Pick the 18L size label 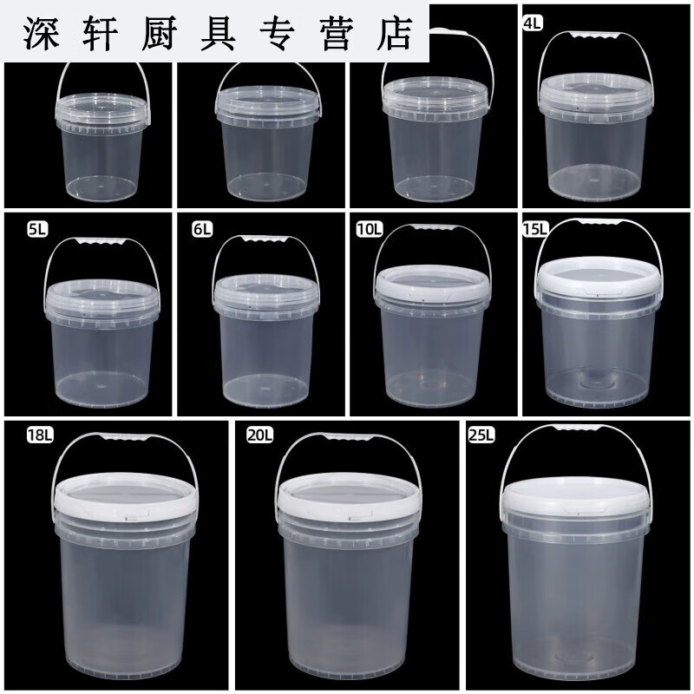tap(40, 435)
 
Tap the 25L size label tap(480, 434)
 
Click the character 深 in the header tap(44, 34)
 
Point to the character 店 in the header tap(397, 34)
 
